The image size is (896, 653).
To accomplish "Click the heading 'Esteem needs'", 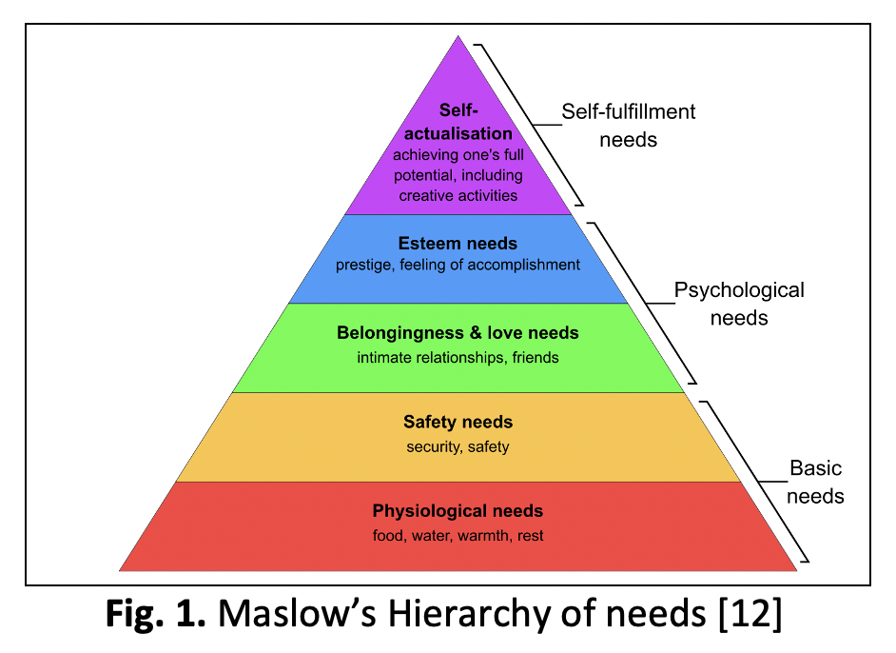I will click(x=458, y=244).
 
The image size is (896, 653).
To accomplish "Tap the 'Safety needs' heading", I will click(x=458, y=422).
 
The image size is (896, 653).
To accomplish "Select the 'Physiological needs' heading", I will click(x=458, y=511).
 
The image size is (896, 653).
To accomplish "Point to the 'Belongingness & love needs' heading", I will click(x=458, y=333).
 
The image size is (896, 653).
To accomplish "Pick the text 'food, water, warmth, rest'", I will click(x=458, y=535).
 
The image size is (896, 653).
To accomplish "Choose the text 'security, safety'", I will click(x=458, y=446).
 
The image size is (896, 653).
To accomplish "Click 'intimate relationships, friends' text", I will click(x=458, y=358).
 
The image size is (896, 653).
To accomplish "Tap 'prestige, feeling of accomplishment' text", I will click(x=458, y=265).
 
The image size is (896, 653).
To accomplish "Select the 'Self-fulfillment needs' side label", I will click(x=628, y=125).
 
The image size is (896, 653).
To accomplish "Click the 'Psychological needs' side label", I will click(x=739, y=303).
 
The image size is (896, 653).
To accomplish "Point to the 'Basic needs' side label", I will click(x=816, y=482).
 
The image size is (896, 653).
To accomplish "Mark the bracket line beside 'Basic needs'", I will click(x=757, y=481).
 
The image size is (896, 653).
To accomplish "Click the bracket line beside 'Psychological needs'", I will click(x=642, y=300).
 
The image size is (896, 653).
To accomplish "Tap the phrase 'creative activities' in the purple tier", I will click(x=458, y=195).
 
